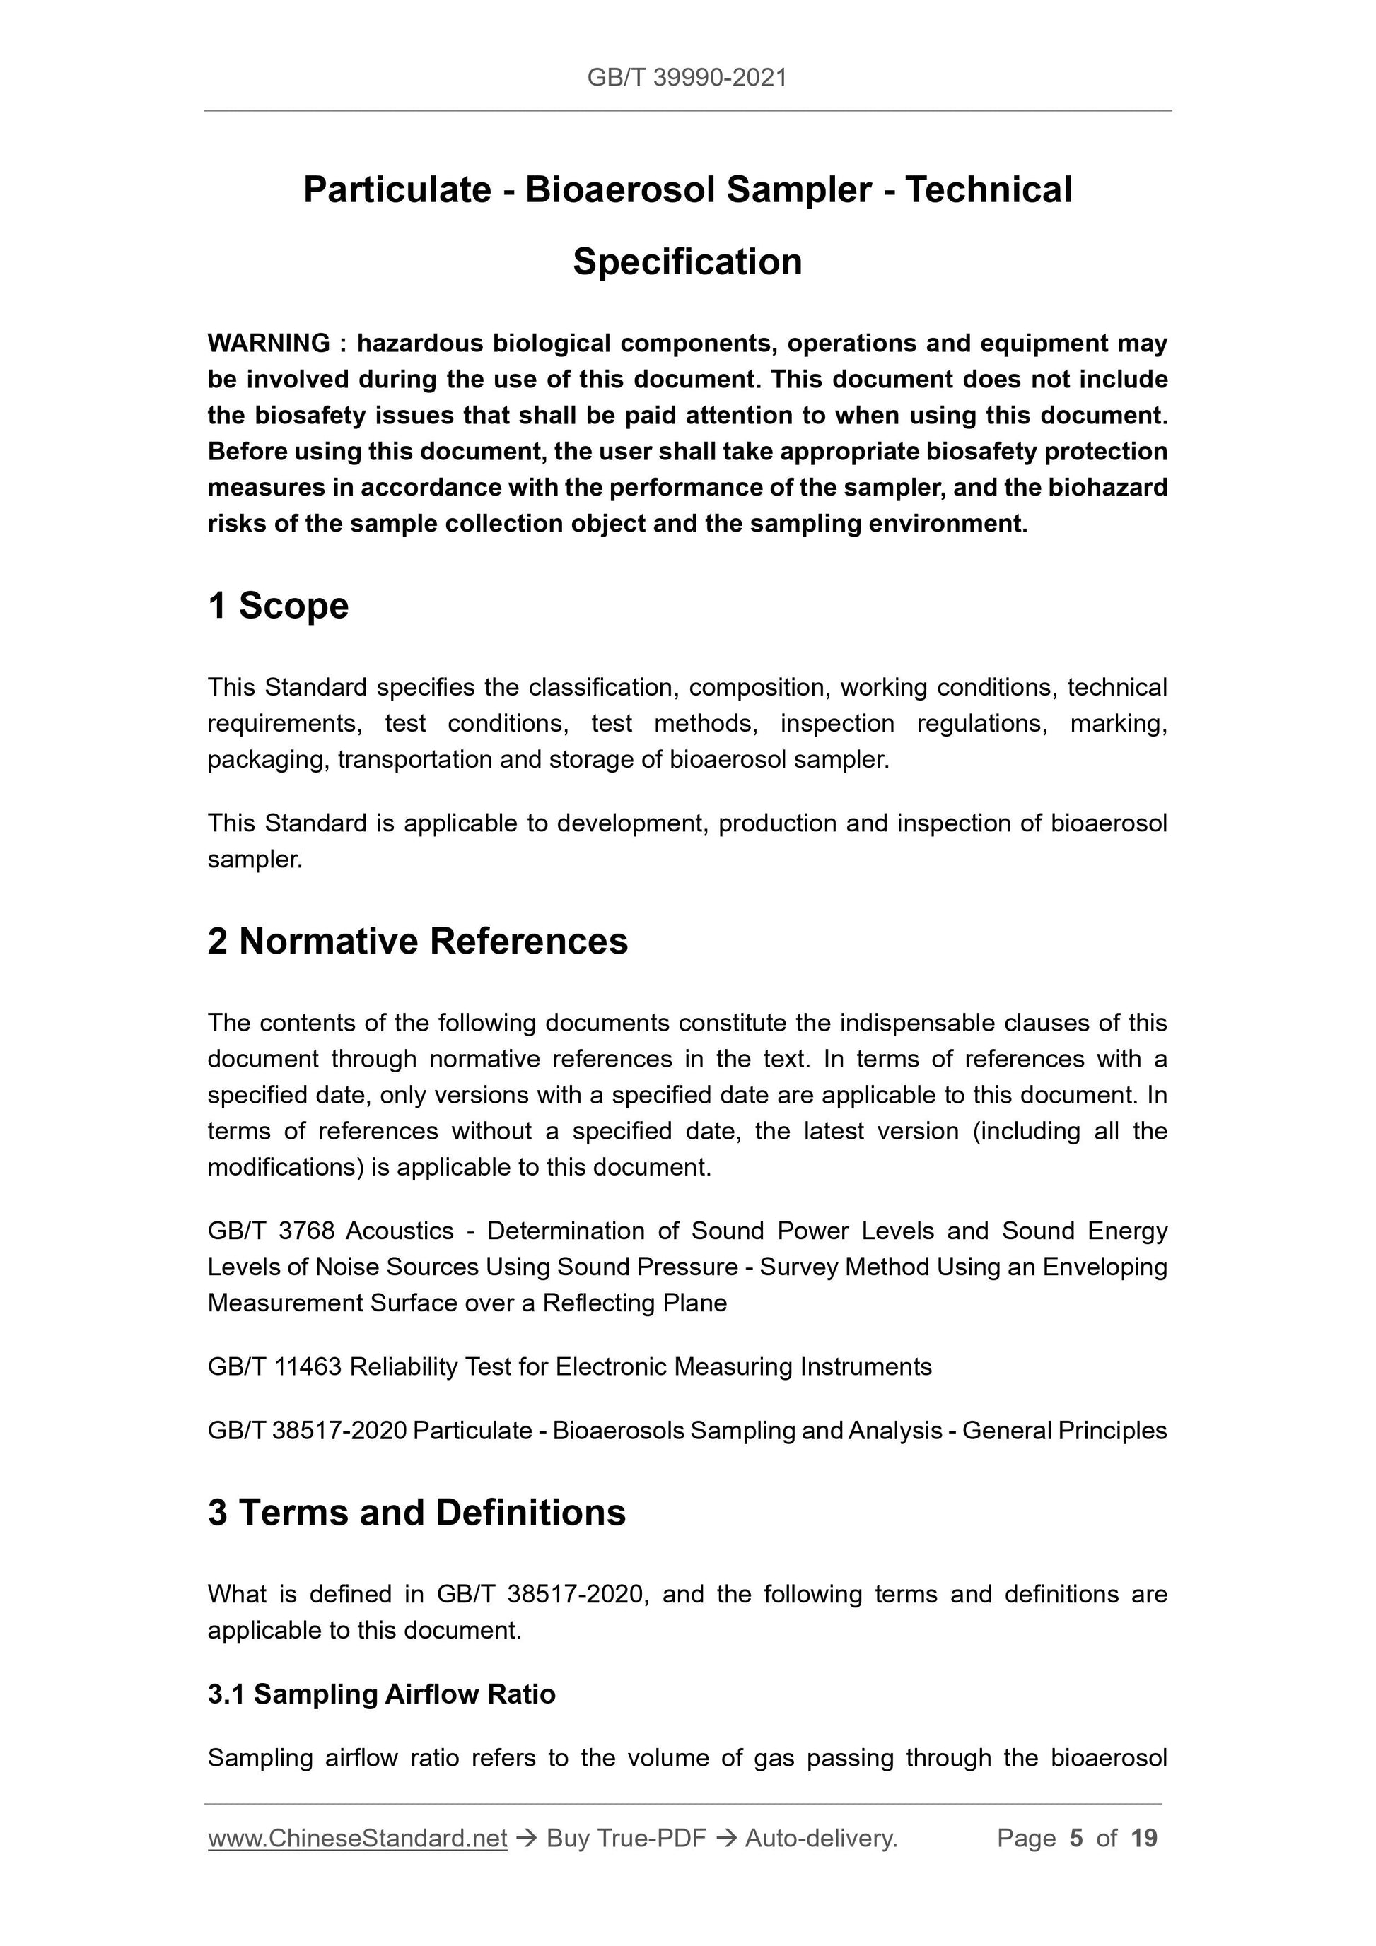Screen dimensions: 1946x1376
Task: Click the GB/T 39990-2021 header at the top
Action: click(x=687, y=78)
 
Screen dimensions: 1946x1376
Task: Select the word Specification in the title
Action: click(x=687, y=262)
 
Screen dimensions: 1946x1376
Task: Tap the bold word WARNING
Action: click(x=269, y=344)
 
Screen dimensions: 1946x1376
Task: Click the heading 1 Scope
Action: click(x=278, y=606)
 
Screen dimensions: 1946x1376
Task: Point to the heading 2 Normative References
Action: click(x=417, y=942)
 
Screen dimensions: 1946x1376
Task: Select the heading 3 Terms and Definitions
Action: click(x=416, y=1513)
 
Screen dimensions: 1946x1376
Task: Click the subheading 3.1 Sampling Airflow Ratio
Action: click(x=382, y=1694)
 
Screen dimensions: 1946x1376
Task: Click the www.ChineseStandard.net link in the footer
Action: click(x=357, y=1839)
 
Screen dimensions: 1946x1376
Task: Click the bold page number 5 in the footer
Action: click(x=1076, y=1839)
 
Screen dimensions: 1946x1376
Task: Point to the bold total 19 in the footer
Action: click(x=1143, y=1839)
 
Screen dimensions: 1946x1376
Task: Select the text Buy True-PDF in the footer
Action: click(x=626, y=1839)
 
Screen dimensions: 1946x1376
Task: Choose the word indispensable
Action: click(x=916, y=1023)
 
